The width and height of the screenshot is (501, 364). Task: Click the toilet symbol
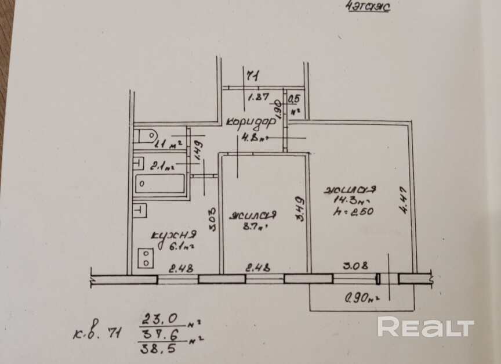[x=145, y=137]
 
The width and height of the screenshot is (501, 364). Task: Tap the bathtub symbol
[x=160, y=185]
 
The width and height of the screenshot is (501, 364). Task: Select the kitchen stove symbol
[x=146, y=258]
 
